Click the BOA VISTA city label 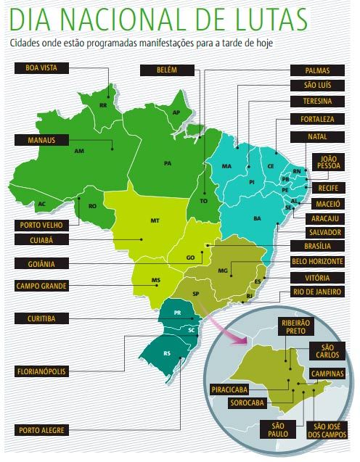pos(41,68)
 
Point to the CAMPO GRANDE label pos(42,286)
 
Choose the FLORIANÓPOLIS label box pos(42,371)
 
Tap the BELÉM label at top pos(166,70)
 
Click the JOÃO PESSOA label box pos(326,162)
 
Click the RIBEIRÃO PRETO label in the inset pos(290,325)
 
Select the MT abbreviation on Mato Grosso pos(155,219)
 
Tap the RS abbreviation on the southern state pos(167,353)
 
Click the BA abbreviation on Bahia pos(257,218)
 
